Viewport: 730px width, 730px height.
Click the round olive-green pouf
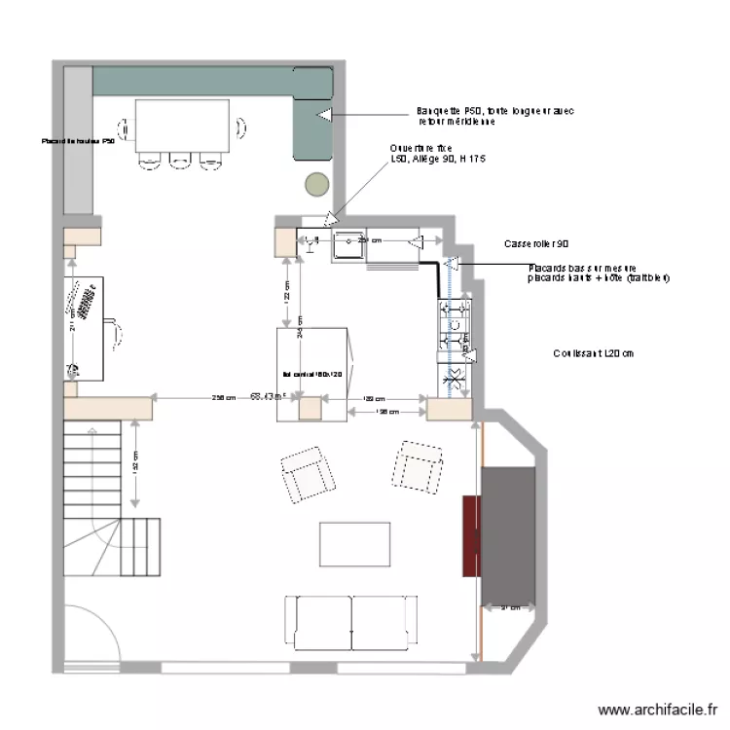(x=317, y=183)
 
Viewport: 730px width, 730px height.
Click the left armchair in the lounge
(x=308, y=474)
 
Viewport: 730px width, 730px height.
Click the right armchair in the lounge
(x=419, y=465)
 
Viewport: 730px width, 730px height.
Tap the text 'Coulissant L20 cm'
(x=591, y=353)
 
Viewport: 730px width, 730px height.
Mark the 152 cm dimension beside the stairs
(x=134, y=464)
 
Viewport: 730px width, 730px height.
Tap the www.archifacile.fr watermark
(x=659, y=712)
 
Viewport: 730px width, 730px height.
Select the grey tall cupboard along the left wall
(x=77, y=141)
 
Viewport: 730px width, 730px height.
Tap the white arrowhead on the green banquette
(x=322, y=115)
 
